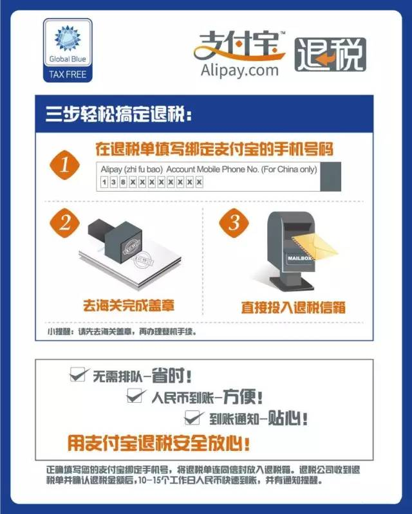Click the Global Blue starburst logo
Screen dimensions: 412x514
[68, 39]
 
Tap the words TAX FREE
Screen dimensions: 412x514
[68, 75]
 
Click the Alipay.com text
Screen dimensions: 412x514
[239, 71]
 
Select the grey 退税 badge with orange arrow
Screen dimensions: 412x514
[330, 55]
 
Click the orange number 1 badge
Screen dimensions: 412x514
[64, 165]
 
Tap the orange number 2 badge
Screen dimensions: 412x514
[64, 223]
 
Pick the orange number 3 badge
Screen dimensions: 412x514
[234, 223]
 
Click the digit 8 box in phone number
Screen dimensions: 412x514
[123, 182]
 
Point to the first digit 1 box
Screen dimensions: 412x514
[104, 182]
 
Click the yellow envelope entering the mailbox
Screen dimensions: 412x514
[314, 246]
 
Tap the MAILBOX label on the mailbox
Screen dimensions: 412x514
[299, 259]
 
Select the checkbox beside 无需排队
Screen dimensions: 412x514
[78, 374]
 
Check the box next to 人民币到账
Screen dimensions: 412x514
[135, 396]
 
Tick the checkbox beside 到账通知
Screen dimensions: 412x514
[193, 418]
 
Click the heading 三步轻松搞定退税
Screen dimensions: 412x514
[118, 114]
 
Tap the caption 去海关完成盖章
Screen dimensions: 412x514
[129, 306]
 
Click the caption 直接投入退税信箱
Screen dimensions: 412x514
[294, 307]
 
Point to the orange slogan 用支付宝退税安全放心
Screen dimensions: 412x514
[159, 443]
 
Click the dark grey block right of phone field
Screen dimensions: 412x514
[331, 176]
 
